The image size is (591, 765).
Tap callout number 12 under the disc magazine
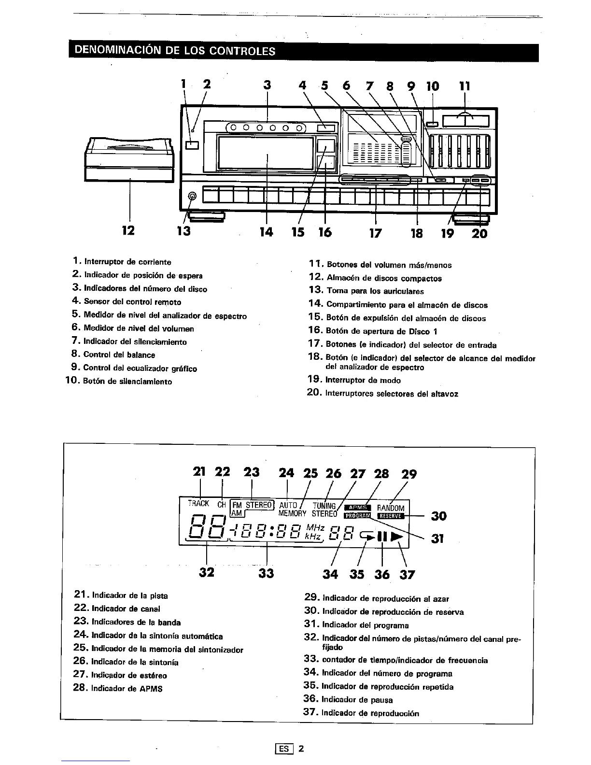[128, 230]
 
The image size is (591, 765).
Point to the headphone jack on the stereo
[192, 197]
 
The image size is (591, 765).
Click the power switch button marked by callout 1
[191, 145]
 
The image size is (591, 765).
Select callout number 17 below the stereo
[375, 233]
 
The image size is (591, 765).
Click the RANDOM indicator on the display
[391, 508]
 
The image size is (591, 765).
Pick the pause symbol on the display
[382, 537]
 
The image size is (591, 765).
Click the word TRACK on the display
[198, 503]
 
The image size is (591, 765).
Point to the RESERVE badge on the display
[390, 515]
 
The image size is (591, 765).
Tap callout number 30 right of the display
[438, 516]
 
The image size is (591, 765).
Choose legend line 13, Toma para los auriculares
[366, 291]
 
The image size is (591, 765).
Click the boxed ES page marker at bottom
[283, 749]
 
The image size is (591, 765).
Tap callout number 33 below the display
[266, 573]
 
